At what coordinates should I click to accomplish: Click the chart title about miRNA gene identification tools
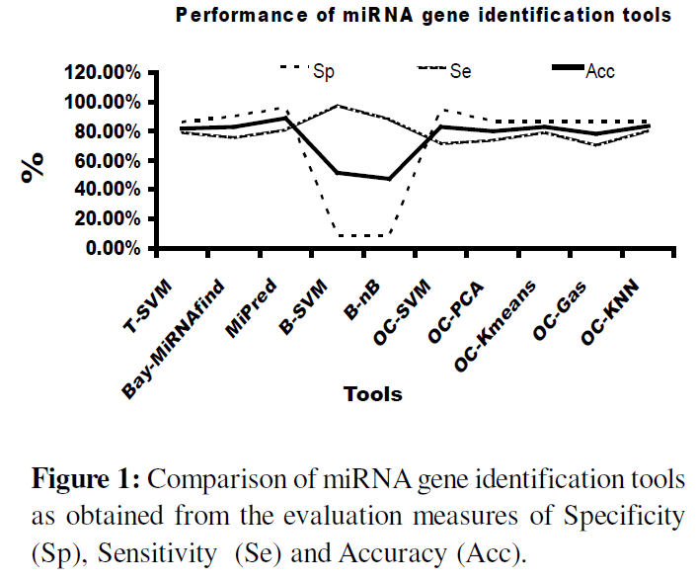[x=424, y=16]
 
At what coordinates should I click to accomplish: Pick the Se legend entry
[x=458, y=71]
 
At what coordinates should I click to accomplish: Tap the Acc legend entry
[x=599, y=71]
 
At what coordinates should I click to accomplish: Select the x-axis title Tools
[x=372, y=394]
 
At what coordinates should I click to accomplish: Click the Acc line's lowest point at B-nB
[x=389, y=179]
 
